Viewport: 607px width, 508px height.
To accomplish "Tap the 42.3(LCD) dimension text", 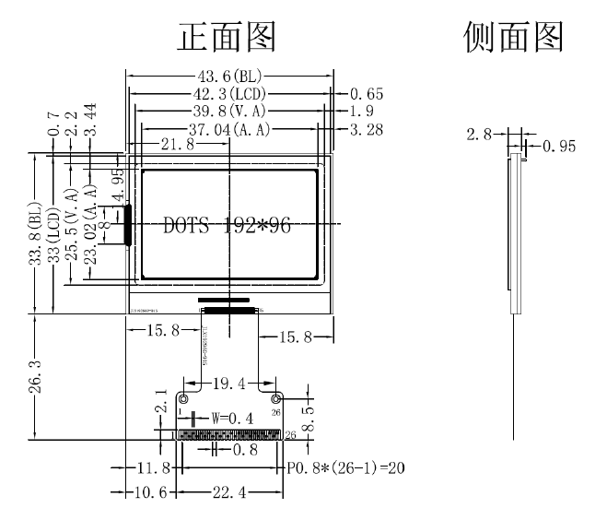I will [x=229, y=95].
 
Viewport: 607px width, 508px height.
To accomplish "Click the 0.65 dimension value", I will [x=367, y=95].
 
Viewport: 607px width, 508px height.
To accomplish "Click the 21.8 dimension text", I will [x=178, y=145].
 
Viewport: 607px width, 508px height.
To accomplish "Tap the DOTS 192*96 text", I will [x=227, y=226].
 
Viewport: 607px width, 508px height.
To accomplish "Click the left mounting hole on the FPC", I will [x=183, y=398].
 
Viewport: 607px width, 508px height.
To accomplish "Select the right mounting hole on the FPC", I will [x=275, y=398].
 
